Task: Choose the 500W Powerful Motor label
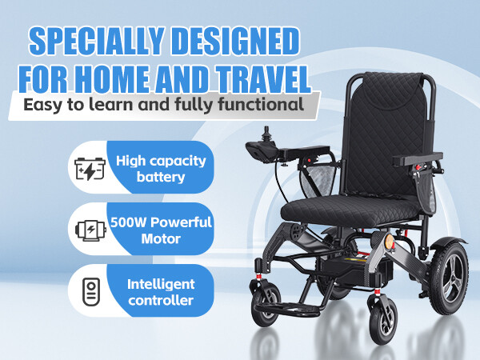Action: (x=169, y=230)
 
